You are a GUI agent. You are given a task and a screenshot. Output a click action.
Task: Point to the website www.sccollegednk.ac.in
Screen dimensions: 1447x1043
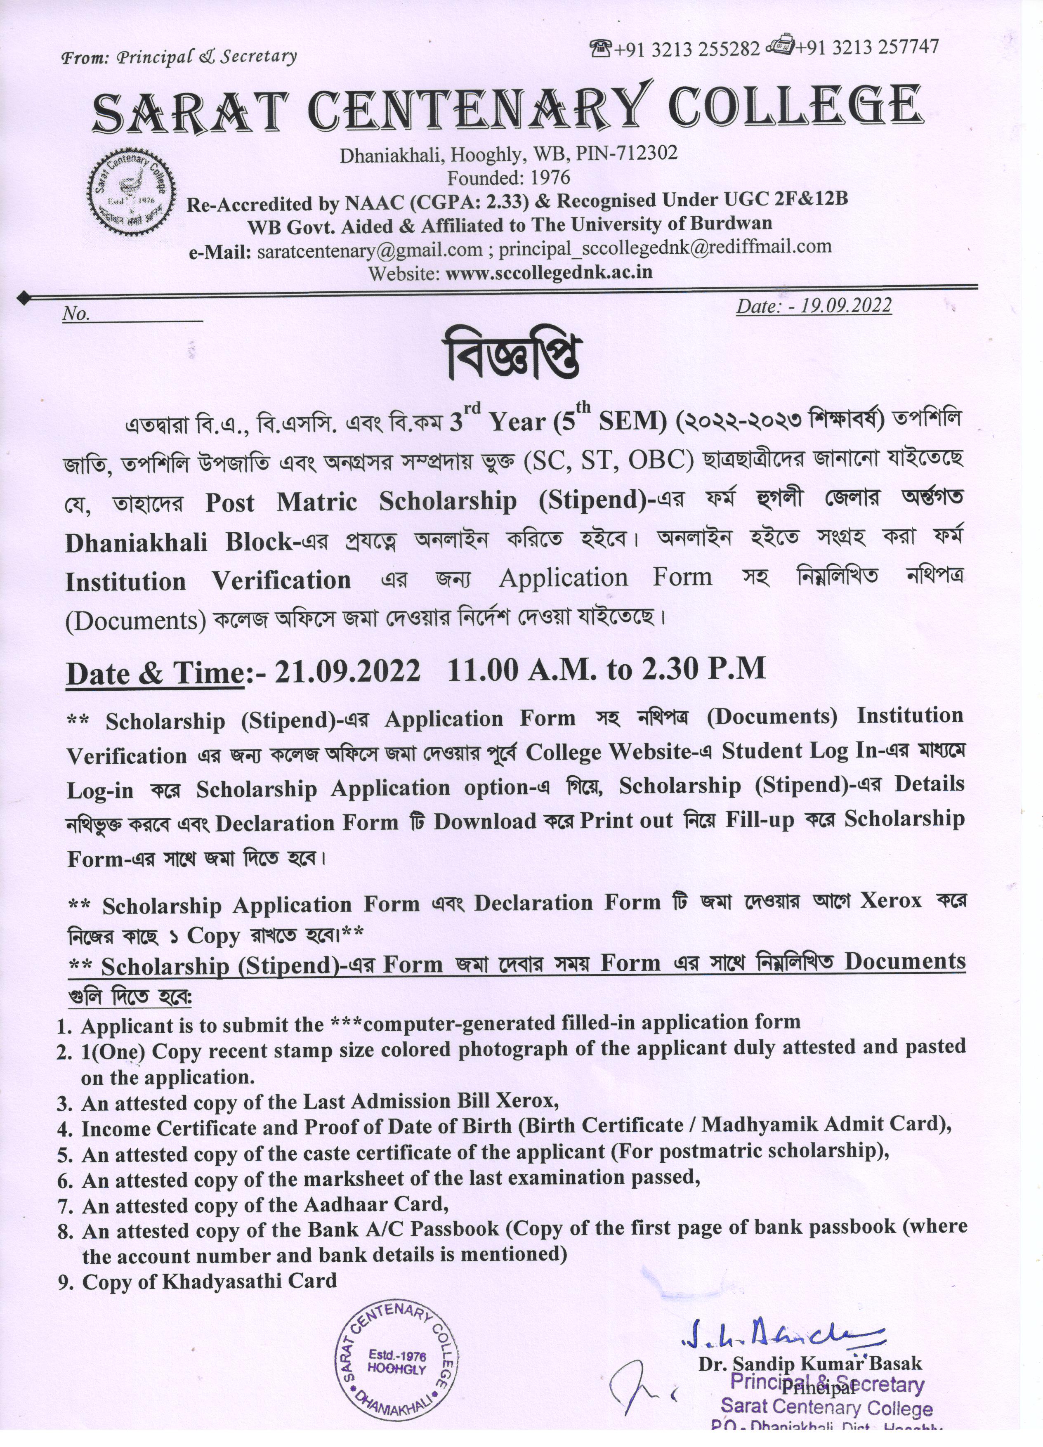point(549,272)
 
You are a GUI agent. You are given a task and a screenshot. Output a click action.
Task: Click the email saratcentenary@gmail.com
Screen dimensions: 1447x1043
point(370,250)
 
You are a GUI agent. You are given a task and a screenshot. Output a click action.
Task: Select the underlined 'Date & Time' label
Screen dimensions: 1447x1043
point(155,674)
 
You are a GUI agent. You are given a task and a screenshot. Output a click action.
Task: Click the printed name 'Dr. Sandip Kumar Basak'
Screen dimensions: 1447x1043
point(809,1364)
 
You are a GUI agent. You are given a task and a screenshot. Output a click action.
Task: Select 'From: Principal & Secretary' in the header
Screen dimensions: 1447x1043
point(179,57)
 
